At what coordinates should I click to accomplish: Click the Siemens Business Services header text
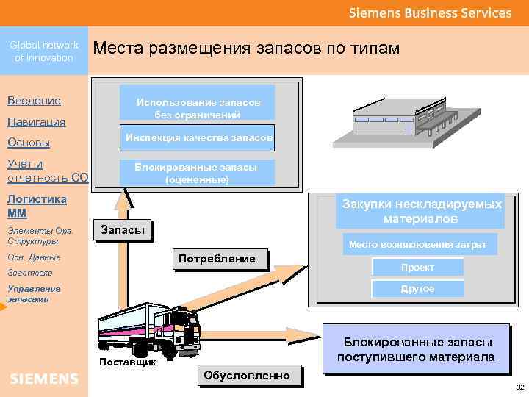(x=430, y=13)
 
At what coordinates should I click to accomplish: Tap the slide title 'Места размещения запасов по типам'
(x=247, y=49)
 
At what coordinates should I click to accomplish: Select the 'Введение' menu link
(x=34, y=100)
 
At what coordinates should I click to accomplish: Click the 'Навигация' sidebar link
(x=36, y=121)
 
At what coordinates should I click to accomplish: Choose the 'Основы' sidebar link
(x=28, y=143)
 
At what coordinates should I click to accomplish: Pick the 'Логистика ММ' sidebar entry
(x=36, y=206)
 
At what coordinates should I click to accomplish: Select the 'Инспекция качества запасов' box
(x=198, y=138)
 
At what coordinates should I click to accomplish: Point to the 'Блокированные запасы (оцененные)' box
(x=197, y=173)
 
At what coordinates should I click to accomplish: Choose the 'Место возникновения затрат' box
(x=417, y=244)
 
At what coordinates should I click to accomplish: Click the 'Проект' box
(x=417, y=268)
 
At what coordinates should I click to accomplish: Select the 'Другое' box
(x=417, y=289)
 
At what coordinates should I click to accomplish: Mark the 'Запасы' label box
(x=123, y=230)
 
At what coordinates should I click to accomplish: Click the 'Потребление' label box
(x=221, y=259)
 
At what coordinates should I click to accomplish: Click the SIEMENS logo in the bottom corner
(x=44, y=379)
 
